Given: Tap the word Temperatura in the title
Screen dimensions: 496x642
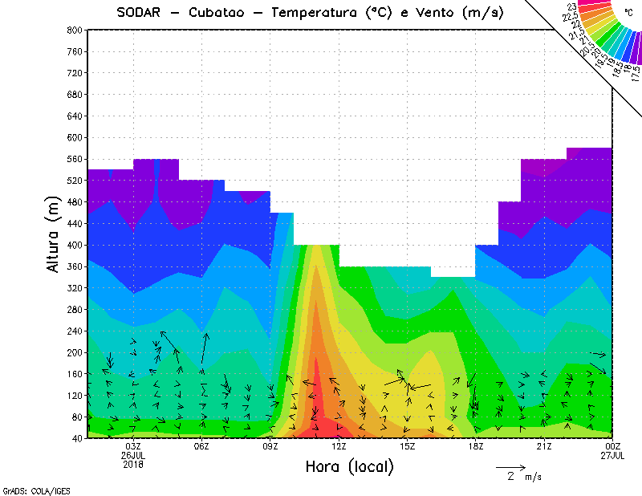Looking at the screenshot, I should point(316,13).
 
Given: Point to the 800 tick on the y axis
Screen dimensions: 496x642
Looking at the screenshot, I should point(73,30).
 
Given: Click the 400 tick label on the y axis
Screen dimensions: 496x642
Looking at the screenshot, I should point(73,245).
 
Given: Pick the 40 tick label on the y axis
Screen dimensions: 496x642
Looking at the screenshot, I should point(76,438).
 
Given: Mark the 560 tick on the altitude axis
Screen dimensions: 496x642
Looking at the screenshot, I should point(73,159).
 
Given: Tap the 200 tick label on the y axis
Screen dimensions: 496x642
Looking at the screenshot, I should point(73,352).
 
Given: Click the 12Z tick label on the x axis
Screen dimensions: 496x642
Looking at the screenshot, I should point(339,446).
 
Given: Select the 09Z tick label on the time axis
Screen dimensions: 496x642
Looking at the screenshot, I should point(270,446).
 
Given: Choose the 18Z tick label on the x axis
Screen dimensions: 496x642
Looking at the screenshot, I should point(476,446).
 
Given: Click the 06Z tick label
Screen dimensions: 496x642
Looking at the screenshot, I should point(201,446).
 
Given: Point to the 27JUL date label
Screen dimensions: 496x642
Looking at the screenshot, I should point(612,455).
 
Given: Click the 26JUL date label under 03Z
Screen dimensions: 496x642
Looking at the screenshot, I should point(133,455).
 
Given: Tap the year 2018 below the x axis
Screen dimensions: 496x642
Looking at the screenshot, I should point(133,464).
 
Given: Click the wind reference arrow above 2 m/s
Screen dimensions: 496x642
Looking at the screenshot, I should point(510,467).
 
